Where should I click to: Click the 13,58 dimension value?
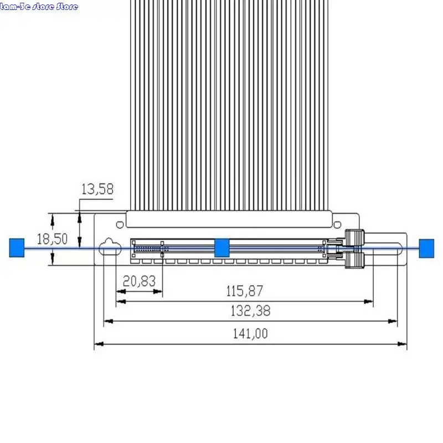pyautogui.click(x=97, y=189)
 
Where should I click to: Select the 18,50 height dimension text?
pyautogui.click(x=52, y=239)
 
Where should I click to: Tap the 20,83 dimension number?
pyautogui.click(x=140, y=281)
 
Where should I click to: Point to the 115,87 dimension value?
pyautogui.click(x=245, y=291)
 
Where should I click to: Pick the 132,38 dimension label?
pyautogui.click(x=251, y=311)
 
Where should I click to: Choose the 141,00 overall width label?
pyautogui.click(x=250, y=333)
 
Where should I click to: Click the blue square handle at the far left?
pyautogui.click(x=17, y=248)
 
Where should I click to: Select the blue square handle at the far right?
pyautogui.click(x=426, y=248)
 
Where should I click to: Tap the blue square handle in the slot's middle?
pyautogui.click(x=222, y=248)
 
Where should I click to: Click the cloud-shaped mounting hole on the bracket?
pyautogui.click(x=110, y=247)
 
